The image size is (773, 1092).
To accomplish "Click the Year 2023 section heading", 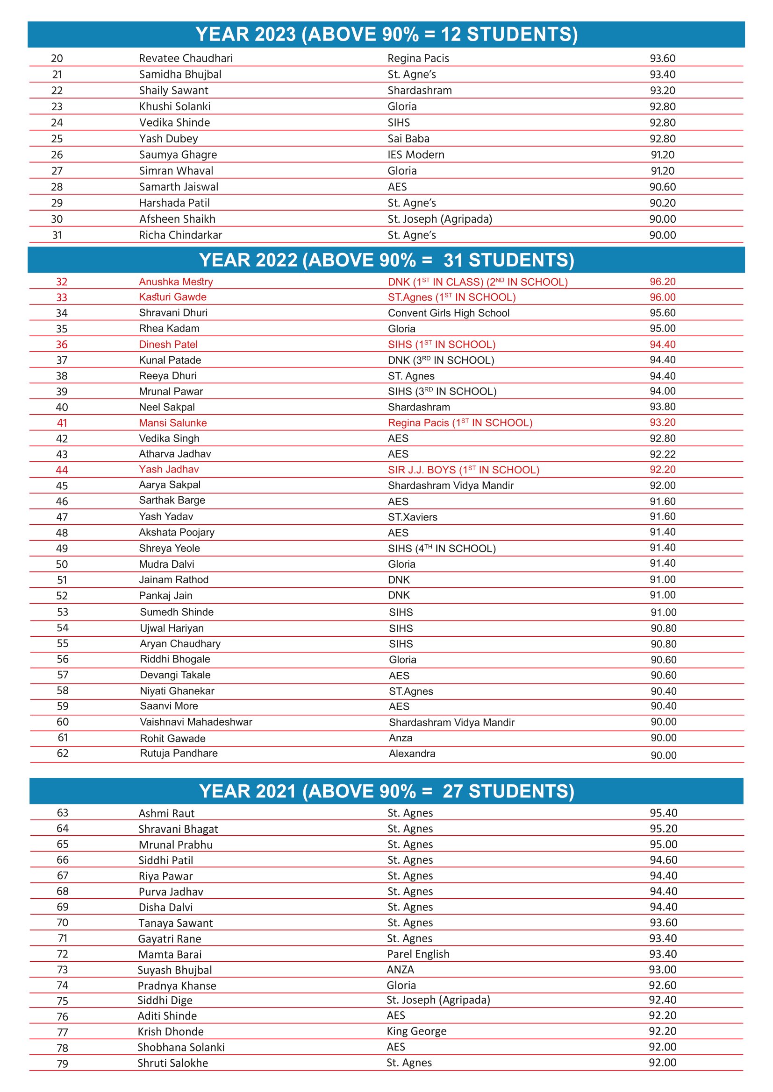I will (x=386, y=34).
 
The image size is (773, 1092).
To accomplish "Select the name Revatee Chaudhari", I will (x=186, y=58).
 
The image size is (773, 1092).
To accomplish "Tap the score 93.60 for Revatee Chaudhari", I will (x=662, y=58).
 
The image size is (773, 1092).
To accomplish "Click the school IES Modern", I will (x=415, y=155).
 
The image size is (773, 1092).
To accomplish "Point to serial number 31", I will (x=57, y=235).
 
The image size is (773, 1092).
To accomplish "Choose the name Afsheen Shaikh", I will (x=177, y=219).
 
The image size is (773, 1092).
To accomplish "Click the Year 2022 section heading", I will (x=386, y=260).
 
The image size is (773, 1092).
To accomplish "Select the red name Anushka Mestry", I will (x=176, y=282).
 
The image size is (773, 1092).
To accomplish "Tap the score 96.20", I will (x=662, y=282).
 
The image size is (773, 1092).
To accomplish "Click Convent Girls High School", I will (x=448, y=313).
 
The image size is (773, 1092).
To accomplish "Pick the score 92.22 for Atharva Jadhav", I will (x=662, y=454).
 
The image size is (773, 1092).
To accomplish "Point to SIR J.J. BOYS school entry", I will (x=463, y=470).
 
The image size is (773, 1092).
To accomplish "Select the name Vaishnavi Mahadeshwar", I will (x=196, y=722).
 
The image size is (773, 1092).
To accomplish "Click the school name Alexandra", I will (x=412, y=754).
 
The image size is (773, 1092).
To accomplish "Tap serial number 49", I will (x=62, y=549).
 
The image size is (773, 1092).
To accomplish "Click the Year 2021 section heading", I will (x=386, y=791).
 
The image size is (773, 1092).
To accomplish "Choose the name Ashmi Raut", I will (x=166, y=813).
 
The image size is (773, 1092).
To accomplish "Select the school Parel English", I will (x=418, y=954).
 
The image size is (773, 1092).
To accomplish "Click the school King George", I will (x=416, y=1031).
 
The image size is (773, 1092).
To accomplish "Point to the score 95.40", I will (x=663, y=813).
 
